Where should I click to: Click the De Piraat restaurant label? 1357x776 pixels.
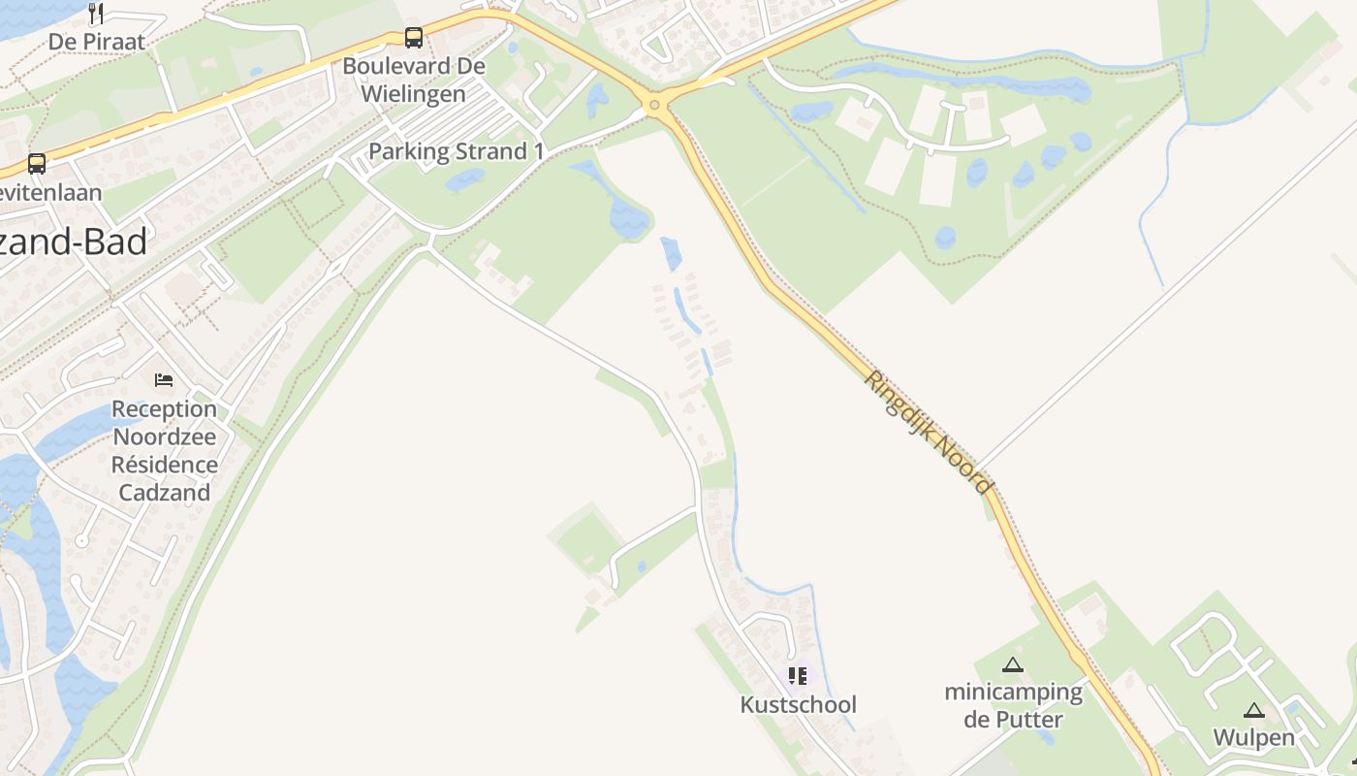tap(96, 42)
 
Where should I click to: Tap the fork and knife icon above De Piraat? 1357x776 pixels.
tap(96, 13)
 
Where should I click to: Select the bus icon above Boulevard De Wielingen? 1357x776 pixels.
tap(414, 38)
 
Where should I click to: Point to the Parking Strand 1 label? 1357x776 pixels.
tap(456, 152)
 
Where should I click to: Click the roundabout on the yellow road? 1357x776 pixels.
tap(655, 104)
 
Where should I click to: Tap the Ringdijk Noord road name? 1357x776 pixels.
tap(928, 432)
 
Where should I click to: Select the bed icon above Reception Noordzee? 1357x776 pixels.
tap(164, 379)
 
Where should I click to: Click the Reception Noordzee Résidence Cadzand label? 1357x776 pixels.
tap(164, 450)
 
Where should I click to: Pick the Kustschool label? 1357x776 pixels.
tap(798, 704)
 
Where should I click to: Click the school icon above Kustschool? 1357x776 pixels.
tap(798, 675)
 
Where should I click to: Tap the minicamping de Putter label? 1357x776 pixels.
tap(1013, 705)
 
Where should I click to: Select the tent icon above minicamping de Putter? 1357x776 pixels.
tap(1013, 664)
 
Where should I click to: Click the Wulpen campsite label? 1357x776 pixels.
tap(1254, 737)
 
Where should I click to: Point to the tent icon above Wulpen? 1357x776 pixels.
tap(1254, 710)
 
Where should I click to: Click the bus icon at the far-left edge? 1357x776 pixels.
tap(37, 163)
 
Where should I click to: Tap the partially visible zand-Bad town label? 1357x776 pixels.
tap(74, 242)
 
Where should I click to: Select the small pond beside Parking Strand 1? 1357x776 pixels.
tap(465, 179)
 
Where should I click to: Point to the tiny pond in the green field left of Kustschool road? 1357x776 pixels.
tap(641, 566)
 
